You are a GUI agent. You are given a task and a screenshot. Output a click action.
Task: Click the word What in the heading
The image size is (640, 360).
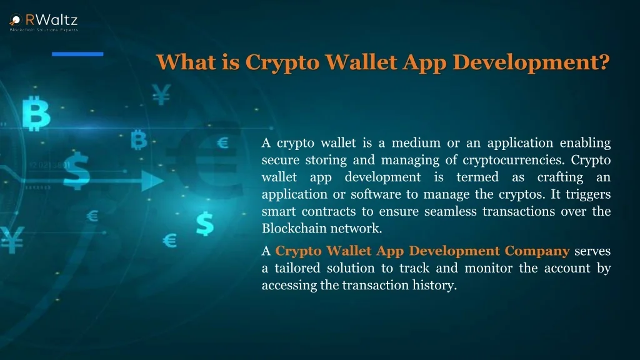coord(186,62)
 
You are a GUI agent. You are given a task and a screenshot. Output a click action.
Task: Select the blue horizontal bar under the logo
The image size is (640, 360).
coord(77,54)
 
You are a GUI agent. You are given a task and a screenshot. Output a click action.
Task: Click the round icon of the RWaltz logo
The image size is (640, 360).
coord(16,19)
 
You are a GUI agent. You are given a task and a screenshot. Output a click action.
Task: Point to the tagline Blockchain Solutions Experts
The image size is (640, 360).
coord(44,30)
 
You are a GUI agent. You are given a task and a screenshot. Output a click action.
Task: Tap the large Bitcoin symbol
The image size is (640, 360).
coord(36,114)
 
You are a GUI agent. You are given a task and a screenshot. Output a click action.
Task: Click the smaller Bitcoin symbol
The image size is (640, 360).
coord(139,139)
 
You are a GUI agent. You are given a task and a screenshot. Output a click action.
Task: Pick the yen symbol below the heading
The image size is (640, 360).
coord(162,94)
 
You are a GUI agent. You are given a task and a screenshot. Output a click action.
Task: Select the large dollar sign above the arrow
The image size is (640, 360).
coord(77,171)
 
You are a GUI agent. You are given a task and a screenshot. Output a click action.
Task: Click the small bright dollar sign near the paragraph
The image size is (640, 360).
coord(205,224)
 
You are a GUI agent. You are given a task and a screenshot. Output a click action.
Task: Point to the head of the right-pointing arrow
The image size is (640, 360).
coord(152,181)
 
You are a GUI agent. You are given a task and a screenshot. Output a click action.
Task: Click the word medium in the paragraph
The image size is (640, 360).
coord(416,143)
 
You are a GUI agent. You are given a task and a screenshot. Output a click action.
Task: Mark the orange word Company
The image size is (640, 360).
coord(537,251)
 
